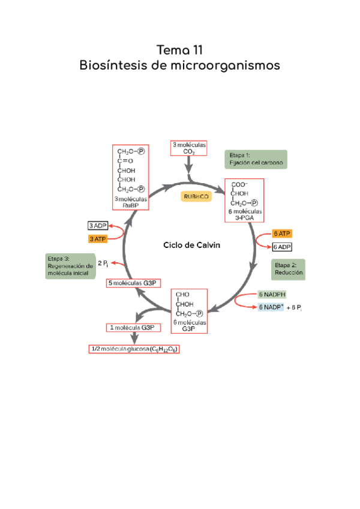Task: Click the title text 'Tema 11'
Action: [180, 49]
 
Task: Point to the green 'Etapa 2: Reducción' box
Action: [288, 268]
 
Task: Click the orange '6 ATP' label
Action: [282, 233]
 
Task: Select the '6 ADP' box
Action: [282, 247]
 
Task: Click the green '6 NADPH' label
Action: [272, 295]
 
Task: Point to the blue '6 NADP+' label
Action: [271, 307]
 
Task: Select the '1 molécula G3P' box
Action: [133, 327]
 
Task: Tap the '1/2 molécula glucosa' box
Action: [135, 349]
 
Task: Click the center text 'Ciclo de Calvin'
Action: [188, 245]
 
